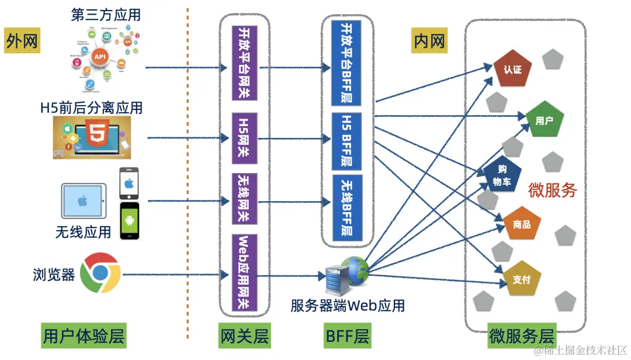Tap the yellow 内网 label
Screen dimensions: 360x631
click(429, 41)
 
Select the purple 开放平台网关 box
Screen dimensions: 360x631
click(245, 61)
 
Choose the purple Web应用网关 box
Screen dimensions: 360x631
click(245, 272)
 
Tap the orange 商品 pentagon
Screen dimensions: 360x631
click(522, 224)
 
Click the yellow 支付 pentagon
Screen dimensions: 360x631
click(521, 280)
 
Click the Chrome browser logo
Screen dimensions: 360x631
click(100, 274)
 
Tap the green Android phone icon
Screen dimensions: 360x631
click(130, 221)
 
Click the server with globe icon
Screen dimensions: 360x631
click(346, 275)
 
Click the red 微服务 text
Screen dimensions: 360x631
click(552, 191)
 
